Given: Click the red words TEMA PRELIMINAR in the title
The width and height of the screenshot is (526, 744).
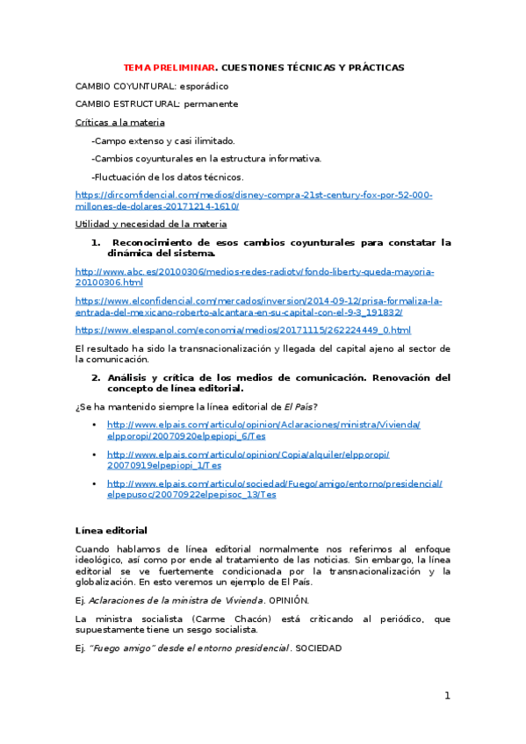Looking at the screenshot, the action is coord(169,67).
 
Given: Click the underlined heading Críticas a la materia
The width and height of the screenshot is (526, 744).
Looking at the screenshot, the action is coord(119,122).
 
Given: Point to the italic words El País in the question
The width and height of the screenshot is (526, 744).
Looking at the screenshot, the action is coord(299,406).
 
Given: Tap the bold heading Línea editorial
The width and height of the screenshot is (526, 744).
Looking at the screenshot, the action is coord(111,531).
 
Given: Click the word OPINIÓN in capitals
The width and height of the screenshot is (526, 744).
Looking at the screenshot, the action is coord(292,600).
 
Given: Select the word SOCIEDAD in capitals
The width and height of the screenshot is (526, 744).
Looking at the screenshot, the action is coord(318,647).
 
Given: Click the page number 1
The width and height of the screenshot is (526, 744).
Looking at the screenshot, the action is coord(447,697).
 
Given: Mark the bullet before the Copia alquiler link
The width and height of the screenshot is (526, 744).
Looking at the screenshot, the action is coord(95,454).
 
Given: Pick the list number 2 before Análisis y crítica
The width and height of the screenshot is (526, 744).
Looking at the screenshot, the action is coord(96,377).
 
